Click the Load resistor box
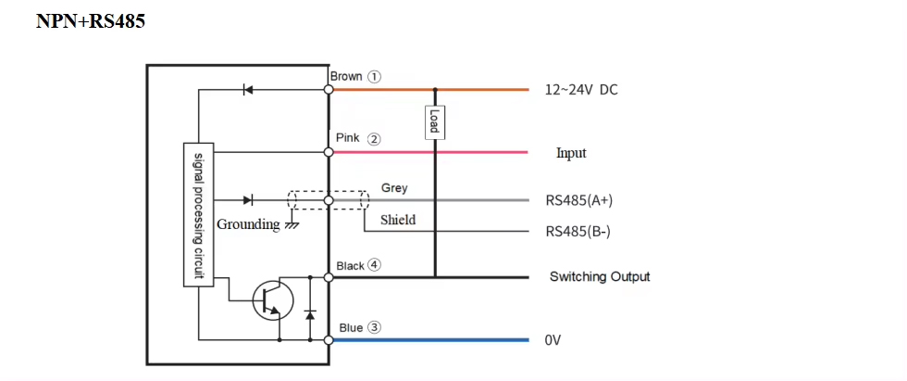(433, 121)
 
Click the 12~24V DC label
(580, 90)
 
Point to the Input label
(571, 153)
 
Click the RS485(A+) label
(579, 200)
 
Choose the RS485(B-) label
(578, 232)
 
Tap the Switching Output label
(600, 276)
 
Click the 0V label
(553, 340)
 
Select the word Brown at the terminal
(346, 76)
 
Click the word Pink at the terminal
(347, 138)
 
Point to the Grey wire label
(394, 188)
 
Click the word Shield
(398, 220)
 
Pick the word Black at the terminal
(351, 266)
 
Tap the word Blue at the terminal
(351, 327)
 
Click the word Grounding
(247, 224)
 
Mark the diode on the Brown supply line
(247, 90)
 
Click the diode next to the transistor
(309, 314)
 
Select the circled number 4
(374, 265)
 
